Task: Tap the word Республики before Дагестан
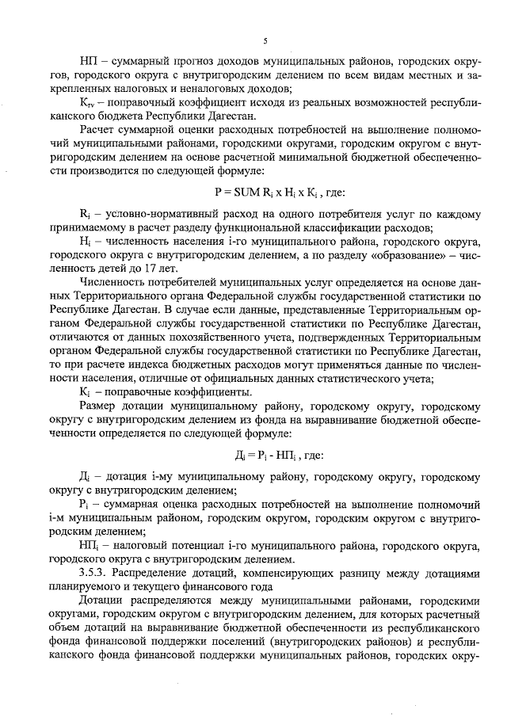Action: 181,113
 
